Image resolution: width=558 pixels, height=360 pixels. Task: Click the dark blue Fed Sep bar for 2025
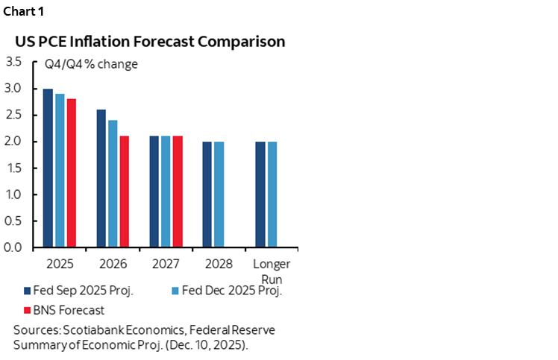48,168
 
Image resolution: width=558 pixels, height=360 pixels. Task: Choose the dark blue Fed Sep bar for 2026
101,178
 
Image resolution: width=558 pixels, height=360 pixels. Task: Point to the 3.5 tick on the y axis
13,62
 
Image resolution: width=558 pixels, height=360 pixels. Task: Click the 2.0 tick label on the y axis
13,142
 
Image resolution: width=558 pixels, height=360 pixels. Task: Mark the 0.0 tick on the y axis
13,247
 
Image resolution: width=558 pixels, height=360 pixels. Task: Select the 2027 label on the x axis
166,264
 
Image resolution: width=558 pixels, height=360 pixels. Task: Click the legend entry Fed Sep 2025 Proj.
78,291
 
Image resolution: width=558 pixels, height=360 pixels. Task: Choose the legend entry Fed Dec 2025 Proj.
227,291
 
